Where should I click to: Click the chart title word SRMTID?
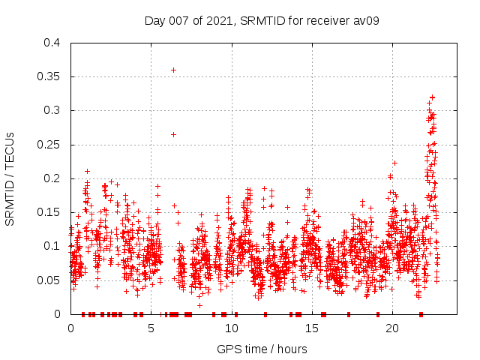(266, 20)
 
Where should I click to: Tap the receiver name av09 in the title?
(364, 20)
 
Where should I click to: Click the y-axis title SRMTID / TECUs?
(10, 178)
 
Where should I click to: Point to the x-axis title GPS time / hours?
(262, 349)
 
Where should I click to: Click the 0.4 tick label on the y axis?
(52, 43)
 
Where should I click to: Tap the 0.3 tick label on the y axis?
(52, 110)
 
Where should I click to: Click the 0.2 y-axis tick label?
(52, 178)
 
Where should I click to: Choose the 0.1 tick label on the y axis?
(52, 246)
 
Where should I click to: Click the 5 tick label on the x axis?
(151, 328)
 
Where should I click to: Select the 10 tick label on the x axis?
(231, 328)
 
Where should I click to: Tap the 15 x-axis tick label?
(312, 328)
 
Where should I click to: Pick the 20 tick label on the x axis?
(392, 328)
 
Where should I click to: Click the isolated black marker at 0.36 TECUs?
(173, 70)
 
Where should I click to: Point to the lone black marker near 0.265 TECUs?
(173, 134)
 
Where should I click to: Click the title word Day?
(154, 20)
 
